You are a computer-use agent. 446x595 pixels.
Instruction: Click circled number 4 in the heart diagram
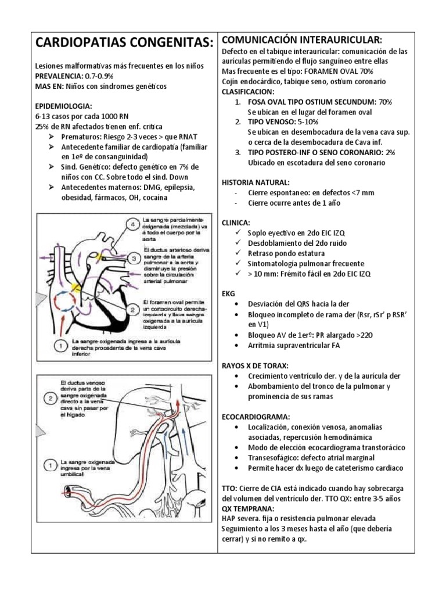(x=132, y=224)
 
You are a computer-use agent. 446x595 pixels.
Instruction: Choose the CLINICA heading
(x=236, y=223)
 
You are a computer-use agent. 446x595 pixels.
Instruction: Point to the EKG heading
(x=229, y=293)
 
